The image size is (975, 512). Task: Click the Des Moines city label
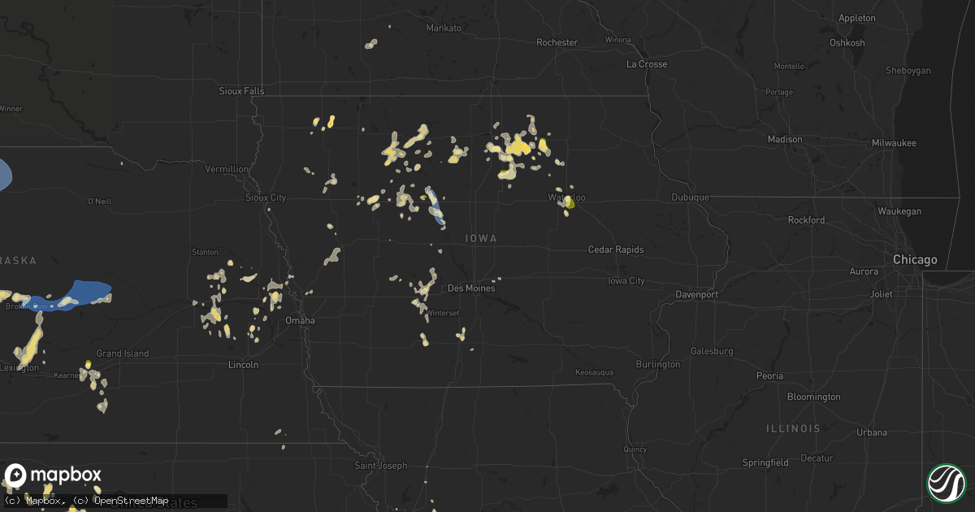tap(471, 289)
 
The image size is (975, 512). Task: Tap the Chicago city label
tap(915, 260)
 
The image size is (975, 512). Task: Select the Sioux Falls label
tap(241, 91)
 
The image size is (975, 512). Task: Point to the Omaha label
tap(300, 320)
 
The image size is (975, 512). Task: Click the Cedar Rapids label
tap(616, 249)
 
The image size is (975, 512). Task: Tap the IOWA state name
tap(481, 238)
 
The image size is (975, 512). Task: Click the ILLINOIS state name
tap(793, 427)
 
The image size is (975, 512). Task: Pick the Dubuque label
tap(691, 197)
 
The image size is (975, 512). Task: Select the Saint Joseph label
tap(379, 466)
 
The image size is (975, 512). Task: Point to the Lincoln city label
tap(243, 365)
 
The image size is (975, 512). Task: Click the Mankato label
tap(444, 28)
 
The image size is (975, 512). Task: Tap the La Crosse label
tap(647, 64)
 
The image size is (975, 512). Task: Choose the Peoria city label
tap(769, 375)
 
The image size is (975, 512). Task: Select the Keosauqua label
tap(595, 372)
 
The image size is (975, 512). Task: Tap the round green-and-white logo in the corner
tap(946, 483)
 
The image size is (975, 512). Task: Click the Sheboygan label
tap(908, 71)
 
